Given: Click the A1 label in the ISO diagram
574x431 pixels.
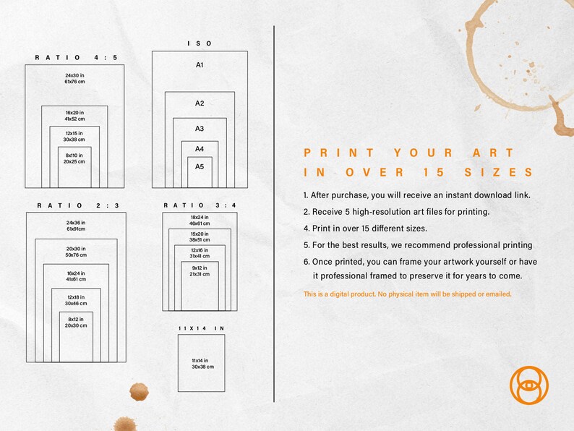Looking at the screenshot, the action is point(200,65).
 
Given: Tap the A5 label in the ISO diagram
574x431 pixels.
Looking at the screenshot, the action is point(200,166).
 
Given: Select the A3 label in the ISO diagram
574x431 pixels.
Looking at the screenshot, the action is point(200,129).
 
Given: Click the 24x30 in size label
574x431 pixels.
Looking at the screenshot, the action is point(74,75).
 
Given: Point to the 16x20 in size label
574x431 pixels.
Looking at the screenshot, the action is point(74,113).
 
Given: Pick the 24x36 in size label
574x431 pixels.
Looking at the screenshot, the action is point(76,223).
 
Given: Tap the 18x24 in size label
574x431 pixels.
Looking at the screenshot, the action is point(200,217).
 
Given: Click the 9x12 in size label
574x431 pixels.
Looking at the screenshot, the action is point(200,268).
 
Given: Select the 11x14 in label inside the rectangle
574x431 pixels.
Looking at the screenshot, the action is point(200,360).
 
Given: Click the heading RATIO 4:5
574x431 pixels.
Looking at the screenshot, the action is point(76,58).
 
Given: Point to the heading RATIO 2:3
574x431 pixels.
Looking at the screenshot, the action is point(78,205).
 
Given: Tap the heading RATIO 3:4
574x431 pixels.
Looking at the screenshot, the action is point(200,205).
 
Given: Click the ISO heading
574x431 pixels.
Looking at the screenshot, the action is point(200,43).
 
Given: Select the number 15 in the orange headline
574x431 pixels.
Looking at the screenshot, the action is point(434,172).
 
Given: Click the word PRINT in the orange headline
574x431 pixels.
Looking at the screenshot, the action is point(338,153).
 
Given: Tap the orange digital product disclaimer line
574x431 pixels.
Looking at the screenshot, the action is point(408,294).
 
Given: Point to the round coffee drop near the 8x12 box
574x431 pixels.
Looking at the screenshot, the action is point(139,392).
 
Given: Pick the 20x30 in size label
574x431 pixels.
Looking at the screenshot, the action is point(76,249).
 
